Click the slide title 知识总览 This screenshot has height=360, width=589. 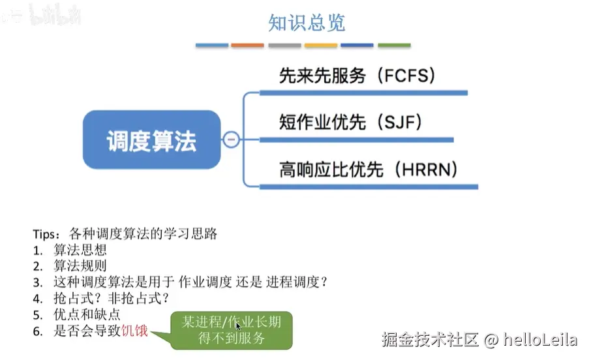tap(307, 23)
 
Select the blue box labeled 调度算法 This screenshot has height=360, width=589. tap(151, 140)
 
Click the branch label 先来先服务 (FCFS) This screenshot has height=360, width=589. tap(356, 76)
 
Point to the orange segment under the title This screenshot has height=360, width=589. tap(248, 46)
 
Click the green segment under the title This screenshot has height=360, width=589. tap(394, 46)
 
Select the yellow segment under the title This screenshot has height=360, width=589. tap(321, 46)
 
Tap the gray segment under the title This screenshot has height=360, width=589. tap(284, 46)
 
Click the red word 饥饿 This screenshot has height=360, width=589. tap(135, 331)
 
